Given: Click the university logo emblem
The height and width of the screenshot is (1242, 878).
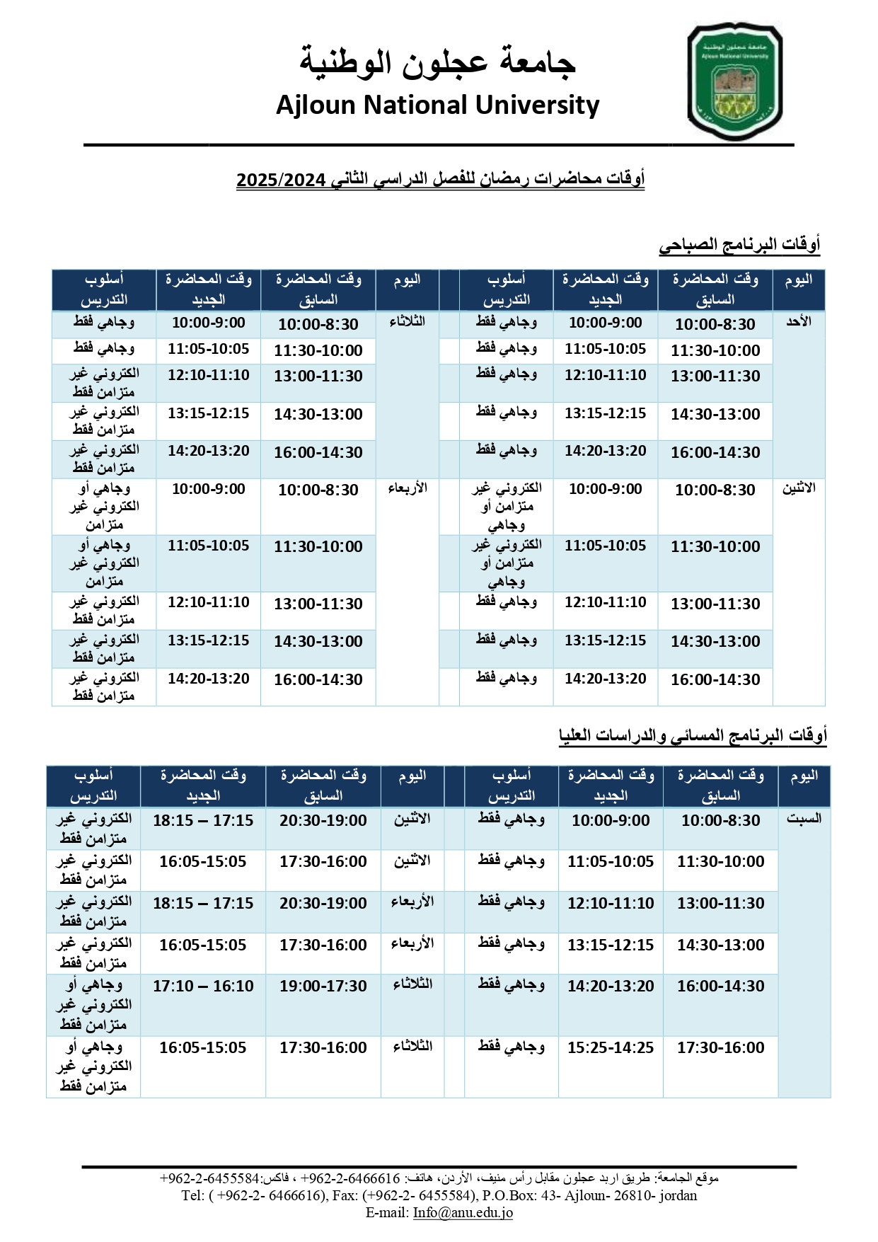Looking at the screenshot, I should click(x=734, y=81).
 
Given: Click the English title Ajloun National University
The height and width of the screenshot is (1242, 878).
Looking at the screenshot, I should click(x=437, y=105).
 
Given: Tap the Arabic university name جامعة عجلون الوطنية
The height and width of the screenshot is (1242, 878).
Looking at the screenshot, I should click(x=437, y=62).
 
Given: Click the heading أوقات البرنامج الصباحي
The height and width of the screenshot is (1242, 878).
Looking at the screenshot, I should click(x=739, y=246).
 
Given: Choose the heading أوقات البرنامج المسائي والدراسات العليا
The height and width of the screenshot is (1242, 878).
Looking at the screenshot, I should click(x=693, y=736).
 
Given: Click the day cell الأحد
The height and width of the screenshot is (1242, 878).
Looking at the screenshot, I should click(x=799, y=322).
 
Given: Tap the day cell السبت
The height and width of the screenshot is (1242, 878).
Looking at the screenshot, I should click(x=804, y=819).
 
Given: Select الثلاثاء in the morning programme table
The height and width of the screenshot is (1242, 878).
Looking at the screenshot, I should click(x=407, y=322).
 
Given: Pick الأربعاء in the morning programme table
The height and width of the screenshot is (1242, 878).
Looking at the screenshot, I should click(x=407, y=489).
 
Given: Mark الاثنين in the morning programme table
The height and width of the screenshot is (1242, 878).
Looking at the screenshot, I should click(x=799, y=489).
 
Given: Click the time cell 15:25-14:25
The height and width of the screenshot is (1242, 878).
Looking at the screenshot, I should click(x=610, y=1048).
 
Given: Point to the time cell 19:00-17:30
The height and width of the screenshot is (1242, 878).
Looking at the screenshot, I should click(x=323, y=987).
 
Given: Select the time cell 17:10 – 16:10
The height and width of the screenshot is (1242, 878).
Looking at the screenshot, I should click(x=203, y=987).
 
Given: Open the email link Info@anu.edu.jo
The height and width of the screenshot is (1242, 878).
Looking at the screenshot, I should click(x=463, y=1213).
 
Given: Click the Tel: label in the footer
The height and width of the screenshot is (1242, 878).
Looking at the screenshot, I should click(x=192, y=1196).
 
